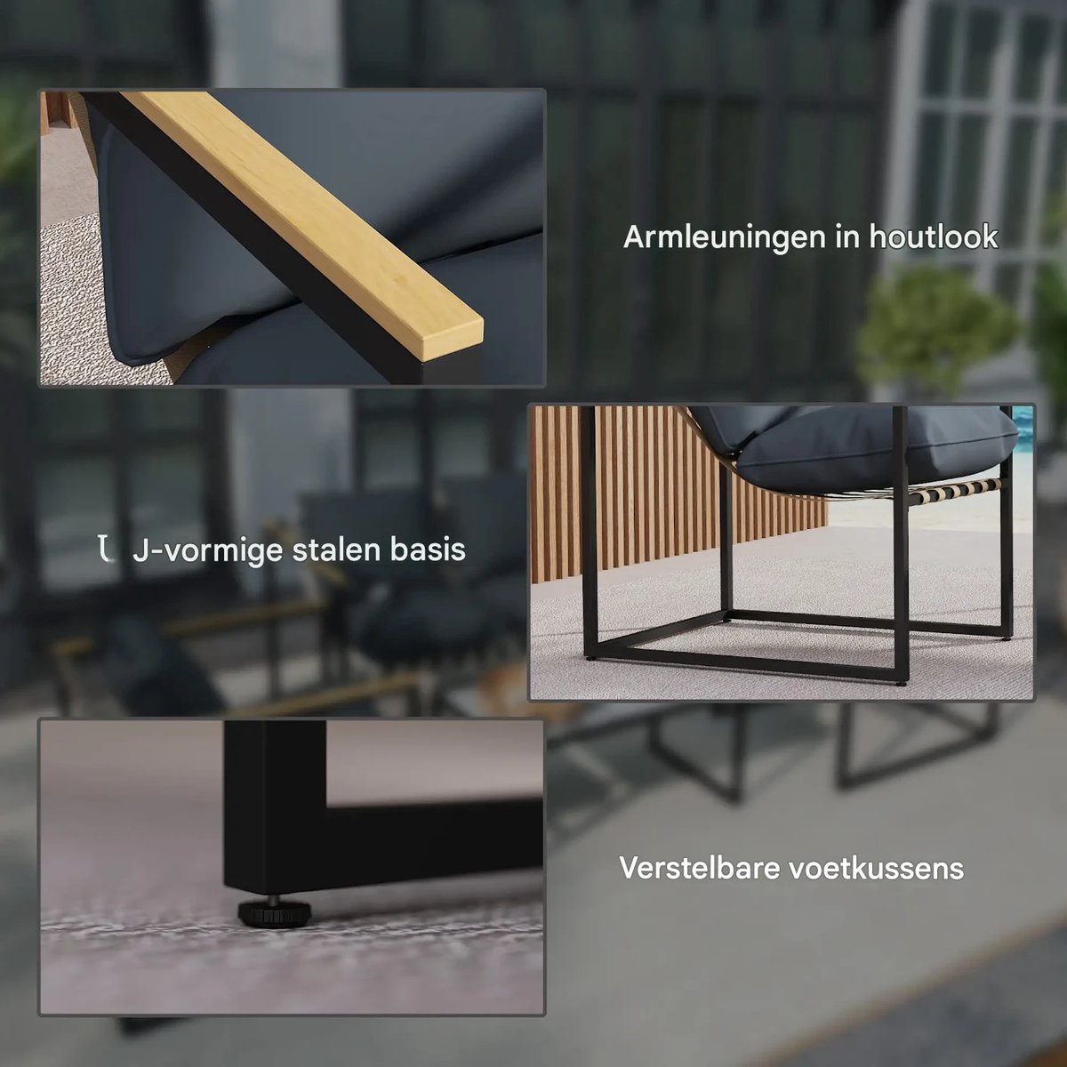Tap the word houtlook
click(934, 237)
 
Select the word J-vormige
click(208, 551)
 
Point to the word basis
click(428, 550)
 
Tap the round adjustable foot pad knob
click(274, 911)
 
